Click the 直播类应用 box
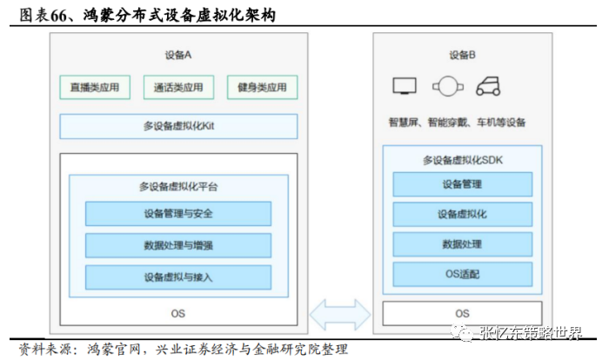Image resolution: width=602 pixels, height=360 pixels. point(95,87)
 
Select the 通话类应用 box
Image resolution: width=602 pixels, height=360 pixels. point(178,87)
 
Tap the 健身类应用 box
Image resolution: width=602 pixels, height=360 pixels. point(262,87)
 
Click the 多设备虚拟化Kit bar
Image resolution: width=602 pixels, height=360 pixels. point(178,126)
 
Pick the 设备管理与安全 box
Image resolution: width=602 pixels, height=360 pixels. point(178,214)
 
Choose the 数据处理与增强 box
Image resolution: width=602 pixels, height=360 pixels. point(178,245)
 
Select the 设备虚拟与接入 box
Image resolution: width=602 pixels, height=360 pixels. point(178,277)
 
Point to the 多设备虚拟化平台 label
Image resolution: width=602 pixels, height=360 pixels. point(178,186)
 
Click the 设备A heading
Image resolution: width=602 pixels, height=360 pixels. point(178,55)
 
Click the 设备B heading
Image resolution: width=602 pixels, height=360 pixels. point(463,55)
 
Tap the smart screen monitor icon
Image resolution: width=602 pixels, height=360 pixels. point(405,87)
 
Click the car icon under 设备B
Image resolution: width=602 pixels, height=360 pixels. point(488,87)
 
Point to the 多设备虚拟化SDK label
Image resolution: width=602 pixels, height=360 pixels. point(463,160)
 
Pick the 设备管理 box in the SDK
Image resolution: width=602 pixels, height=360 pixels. point(463,184)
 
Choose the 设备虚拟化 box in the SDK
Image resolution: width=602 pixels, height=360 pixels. point(463,214)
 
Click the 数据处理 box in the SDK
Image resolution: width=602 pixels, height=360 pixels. point(463,243)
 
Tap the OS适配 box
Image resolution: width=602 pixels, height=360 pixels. point(463,274)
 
